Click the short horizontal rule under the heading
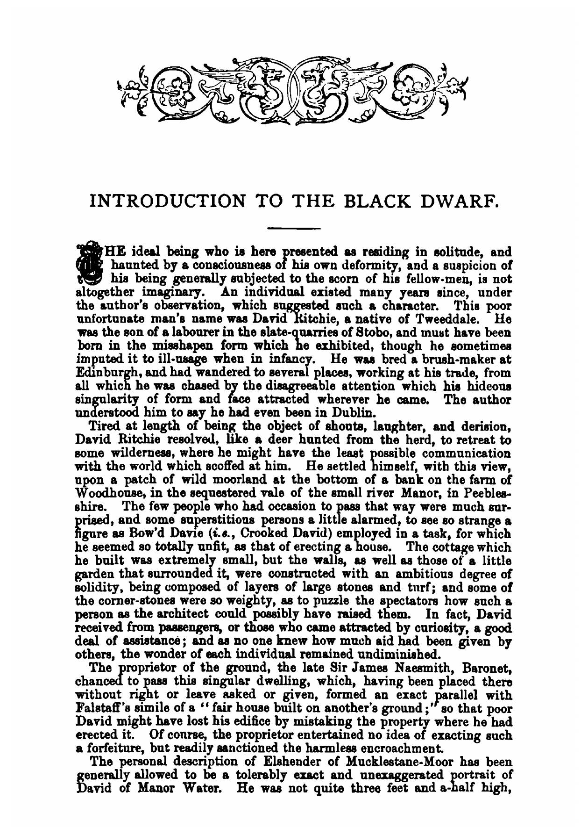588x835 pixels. tap(294, 228)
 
